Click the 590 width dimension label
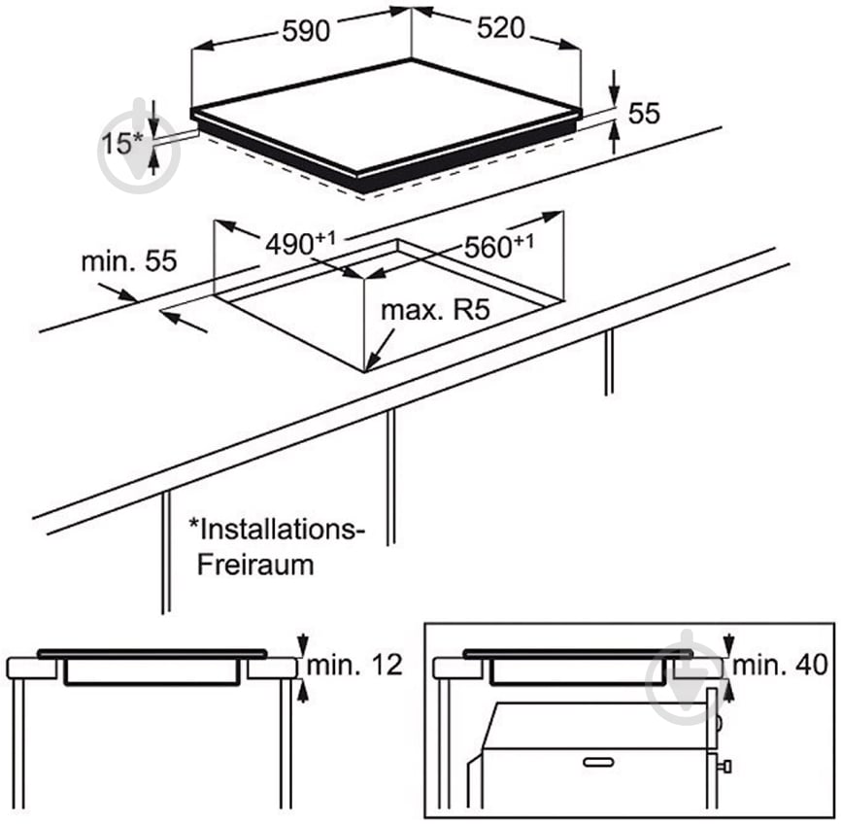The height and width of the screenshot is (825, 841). pos(307,30)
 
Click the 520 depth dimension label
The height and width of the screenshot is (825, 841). pos(501,28)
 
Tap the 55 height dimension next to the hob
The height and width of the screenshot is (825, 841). pos(644,114)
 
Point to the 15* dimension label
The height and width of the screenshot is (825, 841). pos(123,144)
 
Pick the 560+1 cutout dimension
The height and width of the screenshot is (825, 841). pos(498,247)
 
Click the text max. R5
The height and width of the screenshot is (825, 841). pos(432,311)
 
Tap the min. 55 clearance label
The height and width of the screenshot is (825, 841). pos(129,260)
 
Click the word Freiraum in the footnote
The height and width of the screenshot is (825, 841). pos(255,565)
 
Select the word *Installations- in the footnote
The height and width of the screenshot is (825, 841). pos(277,530)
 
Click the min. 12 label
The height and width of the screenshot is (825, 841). pos(353,666)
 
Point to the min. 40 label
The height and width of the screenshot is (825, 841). pos(780,665)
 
